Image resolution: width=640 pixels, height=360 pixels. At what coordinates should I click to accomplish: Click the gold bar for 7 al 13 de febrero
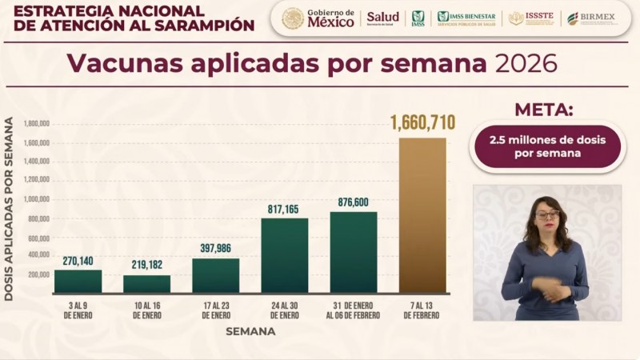tap(422, 214)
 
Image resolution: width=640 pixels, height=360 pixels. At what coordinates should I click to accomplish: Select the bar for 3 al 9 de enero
tap(78, 281)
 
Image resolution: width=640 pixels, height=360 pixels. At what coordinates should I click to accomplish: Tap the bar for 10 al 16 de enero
tap(146, 284)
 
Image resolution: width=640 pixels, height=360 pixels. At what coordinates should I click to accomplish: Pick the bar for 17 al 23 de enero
tap(215, 275)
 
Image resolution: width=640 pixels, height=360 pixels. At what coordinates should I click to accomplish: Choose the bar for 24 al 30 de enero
tap(284, 254)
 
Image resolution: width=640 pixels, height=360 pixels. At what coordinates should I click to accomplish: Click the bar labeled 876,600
tap(353, 252)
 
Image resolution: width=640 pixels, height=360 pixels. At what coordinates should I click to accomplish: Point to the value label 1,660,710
tap(422, 123)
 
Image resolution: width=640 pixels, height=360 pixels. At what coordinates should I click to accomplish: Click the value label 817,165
tap(284, 210)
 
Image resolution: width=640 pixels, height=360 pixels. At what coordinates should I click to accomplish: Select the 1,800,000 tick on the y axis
tap(38, 124)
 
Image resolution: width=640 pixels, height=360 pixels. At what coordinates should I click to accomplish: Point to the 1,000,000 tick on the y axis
tap(38, 199)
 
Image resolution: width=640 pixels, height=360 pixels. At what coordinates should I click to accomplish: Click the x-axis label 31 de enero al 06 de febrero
tap(353, 310)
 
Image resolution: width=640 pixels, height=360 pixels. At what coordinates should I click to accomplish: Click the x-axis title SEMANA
tap(250, 331)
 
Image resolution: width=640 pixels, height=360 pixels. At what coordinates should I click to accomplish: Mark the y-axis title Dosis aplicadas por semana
tap(9, 210)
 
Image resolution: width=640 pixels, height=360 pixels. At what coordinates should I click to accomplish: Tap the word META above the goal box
tap(543, 110)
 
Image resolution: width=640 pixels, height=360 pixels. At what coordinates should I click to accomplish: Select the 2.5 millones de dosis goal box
tap(547, 146)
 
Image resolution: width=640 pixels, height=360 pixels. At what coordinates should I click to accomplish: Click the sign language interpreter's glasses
tap(547, 214)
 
